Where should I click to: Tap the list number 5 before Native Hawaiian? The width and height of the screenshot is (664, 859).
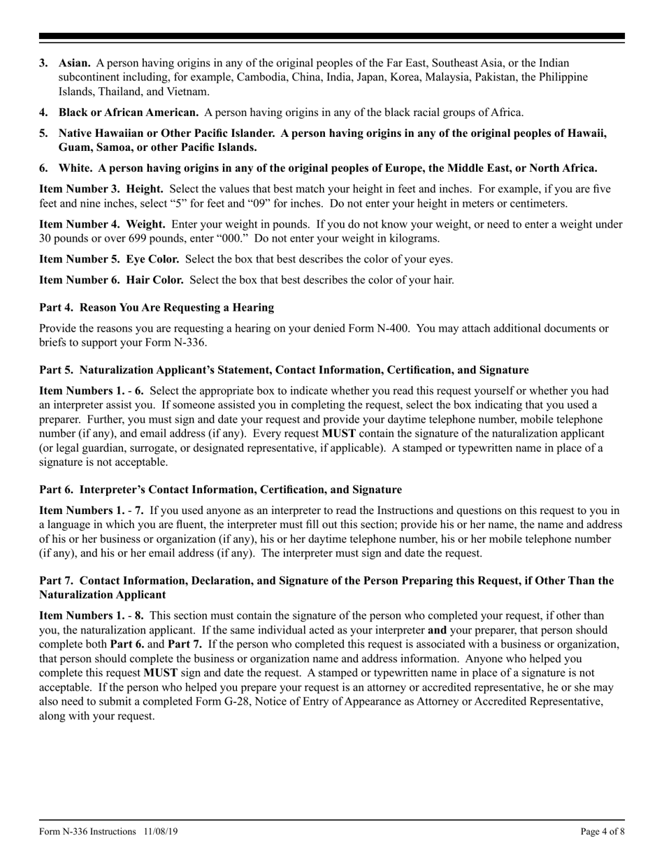(43, 133)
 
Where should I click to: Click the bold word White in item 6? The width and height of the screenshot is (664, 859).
(75, 168)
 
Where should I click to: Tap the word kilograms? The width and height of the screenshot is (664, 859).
(412, 238)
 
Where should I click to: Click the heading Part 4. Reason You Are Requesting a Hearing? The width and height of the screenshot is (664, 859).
(157, 307)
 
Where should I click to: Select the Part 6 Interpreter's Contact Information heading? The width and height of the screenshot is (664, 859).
(220, 490)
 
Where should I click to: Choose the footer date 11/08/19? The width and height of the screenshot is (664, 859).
(163, 832)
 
